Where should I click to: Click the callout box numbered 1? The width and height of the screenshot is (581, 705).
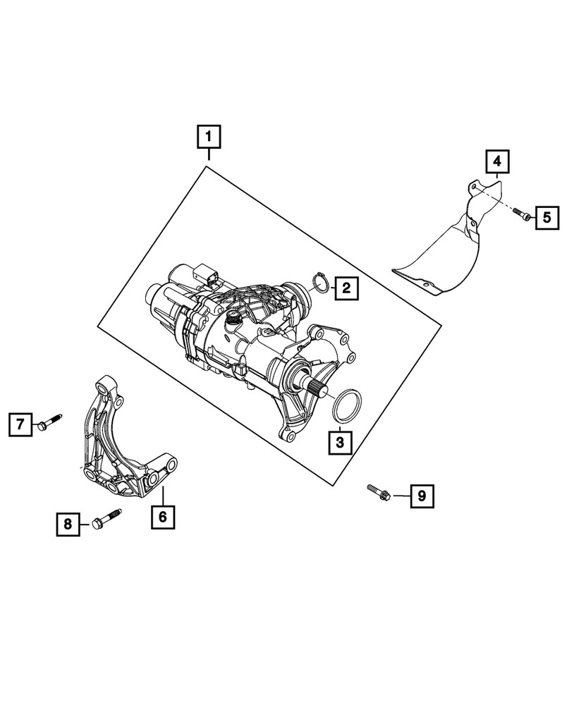coord(209,136)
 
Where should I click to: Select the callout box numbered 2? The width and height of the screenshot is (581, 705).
coord(345,288)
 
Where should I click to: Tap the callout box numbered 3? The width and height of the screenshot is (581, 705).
coord(340,442)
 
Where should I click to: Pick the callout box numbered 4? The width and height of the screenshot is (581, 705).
coord(497,162)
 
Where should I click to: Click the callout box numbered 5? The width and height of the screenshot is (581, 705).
coord(546,217)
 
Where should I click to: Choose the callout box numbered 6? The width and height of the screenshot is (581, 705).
coord(162,517)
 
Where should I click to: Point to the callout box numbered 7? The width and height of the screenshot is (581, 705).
coord(21,424)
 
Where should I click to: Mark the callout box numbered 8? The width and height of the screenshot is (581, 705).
coord(68,523)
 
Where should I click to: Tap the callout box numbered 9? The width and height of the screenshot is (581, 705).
coord(422,496)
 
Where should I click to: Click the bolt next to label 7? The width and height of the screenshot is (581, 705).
coord(48,422)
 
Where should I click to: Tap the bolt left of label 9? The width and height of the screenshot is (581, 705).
coord(379,491)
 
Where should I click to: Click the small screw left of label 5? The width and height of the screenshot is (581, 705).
coord(521,214)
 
